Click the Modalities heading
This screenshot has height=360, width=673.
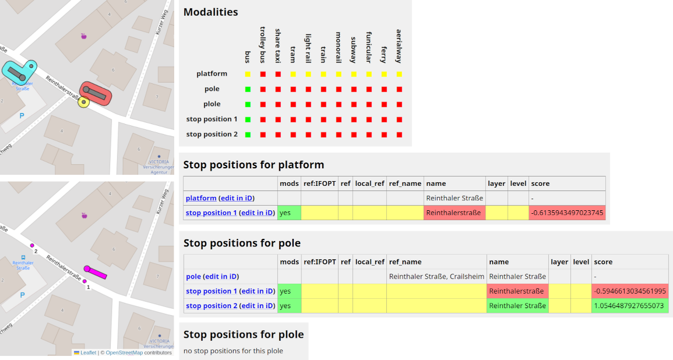(210, 12)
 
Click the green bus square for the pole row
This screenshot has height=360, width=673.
(248, 89)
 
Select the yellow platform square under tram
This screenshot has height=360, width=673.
(293, 74)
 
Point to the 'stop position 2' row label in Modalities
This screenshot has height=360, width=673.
(212, 135)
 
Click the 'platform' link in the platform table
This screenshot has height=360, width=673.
(201, 198)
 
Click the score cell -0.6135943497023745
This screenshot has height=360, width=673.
(567, 213)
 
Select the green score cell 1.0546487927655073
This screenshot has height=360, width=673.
(629, 306)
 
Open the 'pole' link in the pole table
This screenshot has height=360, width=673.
(193, 277)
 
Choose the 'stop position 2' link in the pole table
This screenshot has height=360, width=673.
(212, 306)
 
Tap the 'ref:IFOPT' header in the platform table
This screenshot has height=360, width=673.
(319, 183)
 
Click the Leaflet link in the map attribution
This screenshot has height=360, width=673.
(88, 352)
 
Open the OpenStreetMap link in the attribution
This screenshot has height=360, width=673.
(124, 352)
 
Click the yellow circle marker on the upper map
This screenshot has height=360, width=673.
(84, 103)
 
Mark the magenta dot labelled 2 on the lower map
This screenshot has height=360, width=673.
(33, 246)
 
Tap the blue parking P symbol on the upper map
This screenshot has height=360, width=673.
(22, 115)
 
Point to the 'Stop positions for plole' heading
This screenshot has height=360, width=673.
(244, 334)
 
